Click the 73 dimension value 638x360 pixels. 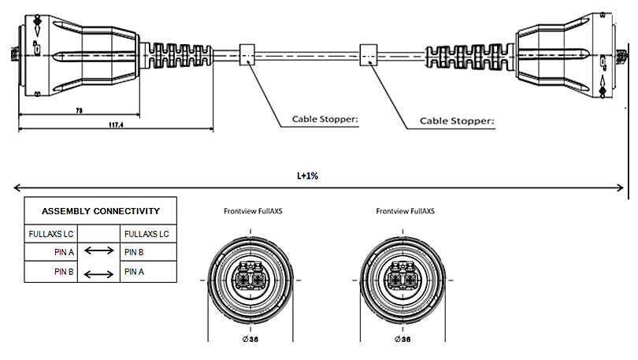click(x=79, y=111)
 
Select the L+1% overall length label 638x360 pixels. click(x=308, y=176)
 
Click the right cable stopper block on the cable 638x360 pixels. click(x=369, y=54)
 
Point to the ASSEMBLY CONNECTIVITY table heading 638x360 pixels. click(x=100, y=211)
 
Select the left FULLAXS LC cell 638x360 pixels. click(x=50, y=234)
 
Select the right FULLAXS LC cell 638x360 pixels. click(x=147, y=234)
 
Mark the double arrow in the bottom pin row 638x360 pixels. click(x=99, y=273)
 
